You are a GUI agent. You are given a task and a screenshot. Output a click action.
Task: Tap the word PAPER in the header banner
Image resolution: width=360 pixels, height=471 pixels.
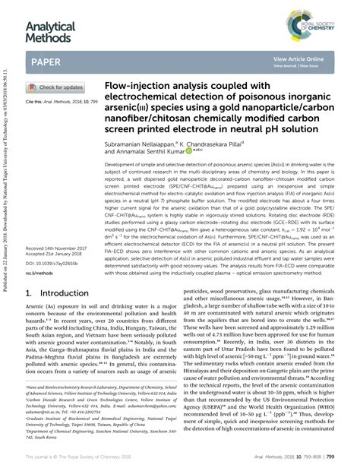point(47,62)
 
